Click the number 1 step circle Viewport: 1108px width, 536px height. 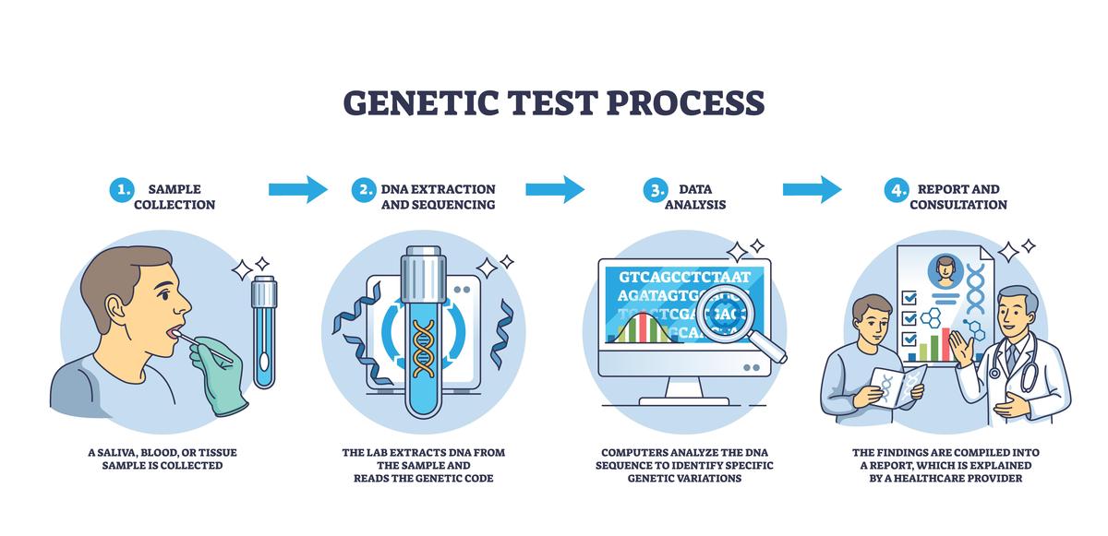121,190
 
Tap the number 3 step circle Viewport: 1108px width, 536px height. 655,190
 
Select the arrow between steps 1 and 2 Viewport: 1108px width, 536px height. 297,189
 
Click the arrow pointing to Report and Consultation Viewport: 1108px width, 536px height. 812,189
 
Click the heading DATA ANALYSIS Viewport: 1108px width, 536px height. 695,197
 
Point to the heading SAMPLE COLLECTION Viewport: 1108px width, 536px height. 175,197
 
